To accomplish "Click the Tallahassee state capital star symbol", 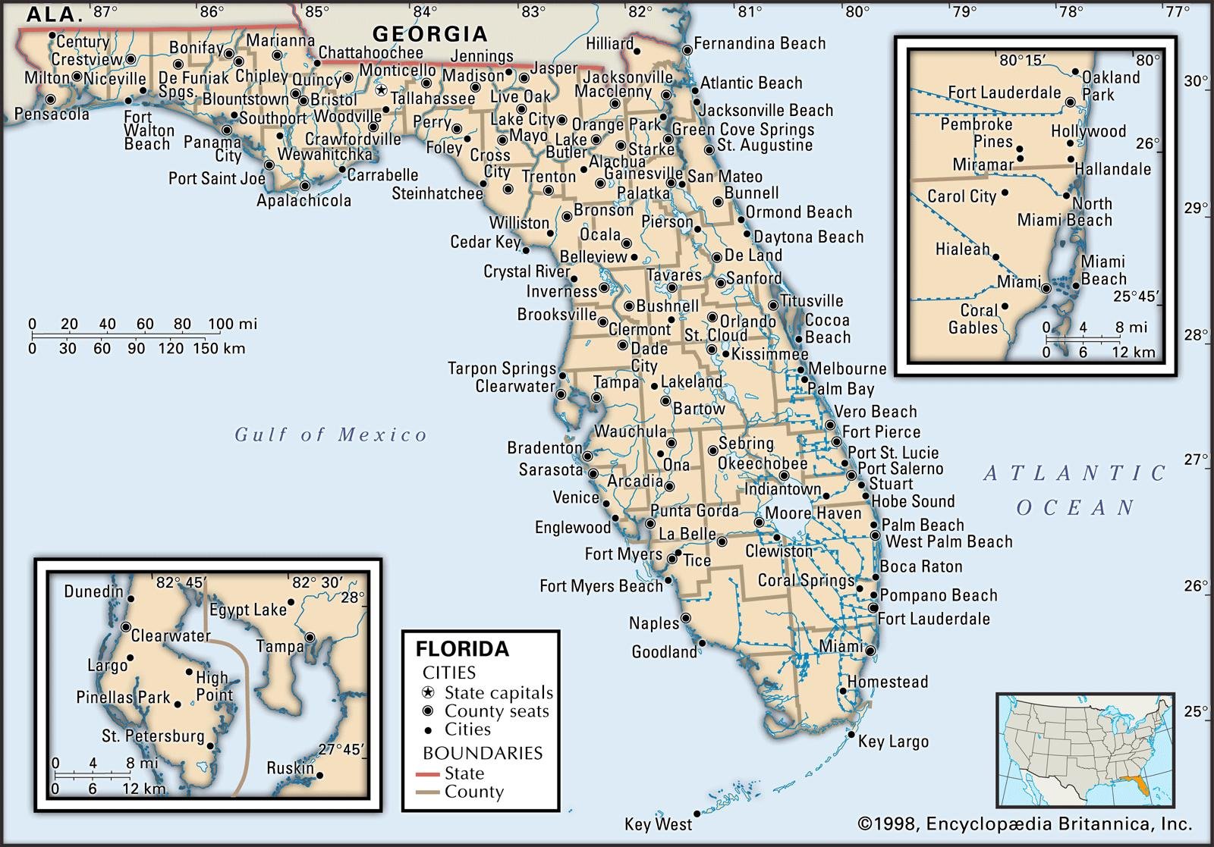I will coord(381,89).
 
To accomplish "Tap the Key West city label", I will coord(658,824).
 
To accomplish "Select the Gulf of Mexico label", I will coord(331,434).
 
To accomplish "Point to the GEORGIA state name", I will coord(429,33).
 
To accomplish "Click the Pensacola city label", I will coord(52,115).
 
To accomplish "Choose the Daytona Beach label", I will coord(808,237).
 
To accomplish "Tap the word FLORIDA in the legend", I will coord(462,649).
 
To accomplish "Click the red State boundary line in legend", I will coord(428,774).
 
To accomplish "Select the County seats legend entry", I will coord(496,711).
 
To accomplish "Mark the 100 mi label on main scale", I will coord(231,325).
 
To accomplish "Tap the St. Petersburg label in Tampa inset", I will coord(153,736).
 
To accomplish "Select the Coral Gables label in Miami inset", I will coord(973,319).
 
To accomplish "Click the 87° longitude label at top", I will coord(105,11).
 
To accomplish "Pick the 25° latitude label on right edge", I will coord(1194,711).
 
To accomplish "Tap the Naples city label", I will coord(653,623).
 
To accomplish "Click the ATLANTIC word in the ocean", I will coord(1075,474).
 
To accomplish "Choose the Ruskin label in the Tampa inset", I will coord(290,768).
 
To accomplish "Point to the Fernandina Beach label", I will coord(760,44).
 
